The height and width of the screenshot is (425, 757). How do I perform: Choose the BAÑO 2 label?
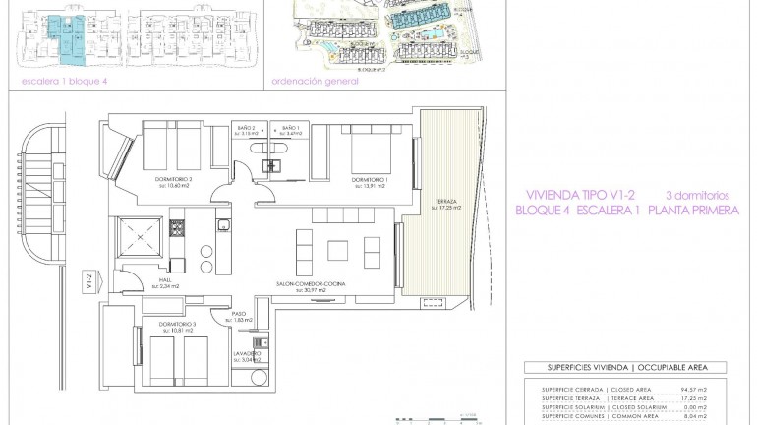[246, 129]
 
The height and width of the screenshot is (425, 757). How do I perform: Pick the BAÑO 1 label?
[289, 129]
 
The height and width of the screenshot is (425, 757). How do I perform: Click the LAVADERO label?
[246, 352]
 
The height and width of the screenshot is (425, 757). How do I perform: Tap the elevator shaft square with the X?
[138, 238]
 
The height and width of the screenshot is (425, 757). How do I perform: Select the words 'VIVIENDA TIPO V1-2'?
[574, 195]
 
